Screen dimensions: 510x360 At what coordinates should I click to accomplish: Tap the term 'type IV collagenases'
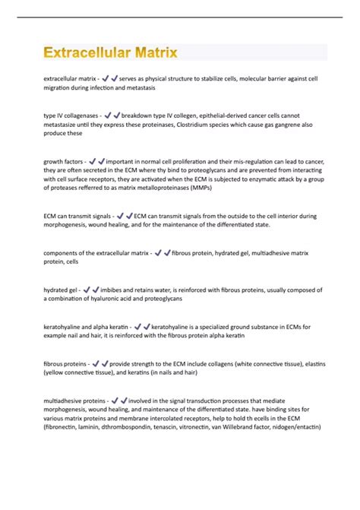pos(71,116)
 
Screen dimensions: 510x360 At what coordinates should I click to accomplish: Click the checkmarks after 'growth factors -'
pos(98,161)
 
